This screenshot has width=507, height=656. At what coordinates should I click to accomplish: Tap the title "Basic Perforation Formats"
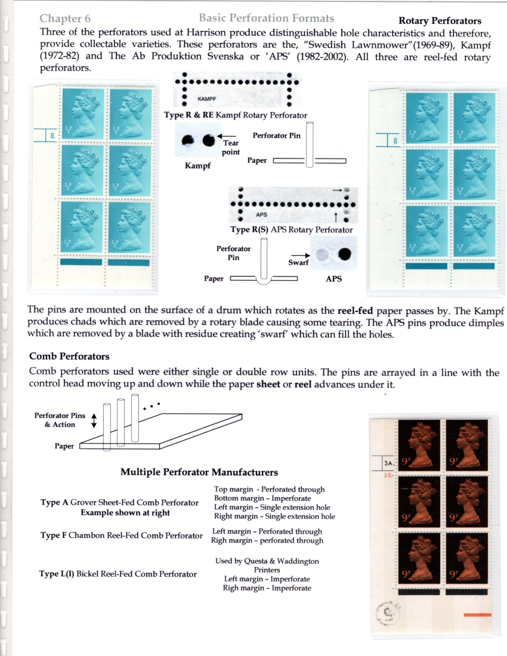point(266,19)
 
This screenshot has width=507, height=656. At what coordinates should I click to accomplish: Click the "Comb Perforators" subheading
point(69,357)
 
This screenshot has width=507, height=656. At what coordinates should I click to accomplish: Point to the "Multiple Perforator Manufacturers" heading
point(199,472)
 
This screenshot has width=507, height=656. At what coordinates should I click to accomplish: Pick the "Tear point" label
point(230,147)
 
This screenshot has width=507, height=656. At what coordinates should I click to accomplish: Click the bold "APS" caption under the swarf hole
point(333,279)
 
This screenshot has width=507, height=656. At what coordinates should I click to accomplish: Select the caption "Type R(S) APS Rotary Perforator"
point(292,230)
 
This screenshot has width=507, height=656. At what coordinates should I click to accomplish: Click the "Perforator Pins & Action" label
point(60,420)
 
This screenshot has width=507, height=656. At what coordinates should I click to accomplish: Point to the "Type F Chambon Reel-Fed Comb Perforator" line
point(121,536)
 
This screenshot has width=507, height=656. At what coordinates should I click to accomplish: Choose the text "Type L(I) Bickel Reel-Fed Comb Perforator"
point(118,574)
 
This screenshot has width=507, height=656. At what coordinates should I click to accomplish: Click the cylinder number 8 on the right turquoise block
point(395,141)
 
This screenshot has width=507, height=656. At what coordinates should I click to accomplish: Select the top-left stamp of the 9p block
point(419,445)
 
